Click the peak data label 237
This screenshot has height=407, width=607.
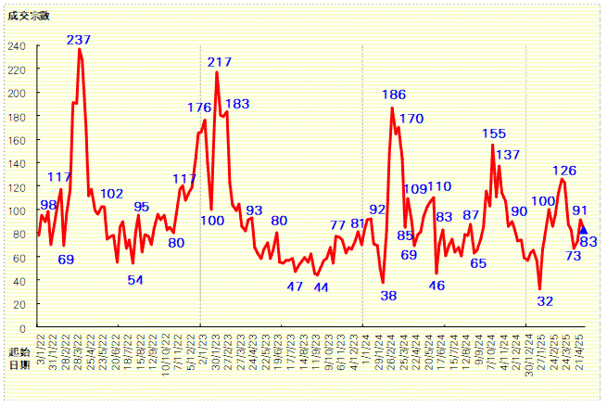point(79,40)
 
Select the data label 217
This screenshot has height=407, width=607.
point(220,62)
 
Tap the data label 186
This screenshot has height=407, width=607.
point(394,95)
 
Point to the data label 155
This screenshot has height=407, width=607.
point(494,134)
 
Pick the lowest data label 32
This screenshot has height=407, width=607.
point(546,300)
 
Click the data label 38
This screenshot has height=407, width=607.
point(388,296)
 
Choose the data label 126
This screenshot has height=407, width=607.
point(564,171)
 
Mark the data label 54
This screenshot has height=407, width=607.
point(135,280)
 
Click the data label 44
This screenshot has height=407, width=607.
point(321,287)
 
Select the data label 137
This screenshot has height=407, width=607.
point(508,155)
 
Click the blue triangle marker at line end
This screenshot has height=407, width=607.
point(583,230)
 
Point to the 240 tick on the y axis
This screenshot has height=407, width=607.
point(17,46)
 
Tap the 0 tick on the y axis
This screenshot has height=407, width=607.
point(22,328)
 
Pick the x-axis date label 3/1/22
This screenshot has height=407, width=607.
point(41,352)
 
